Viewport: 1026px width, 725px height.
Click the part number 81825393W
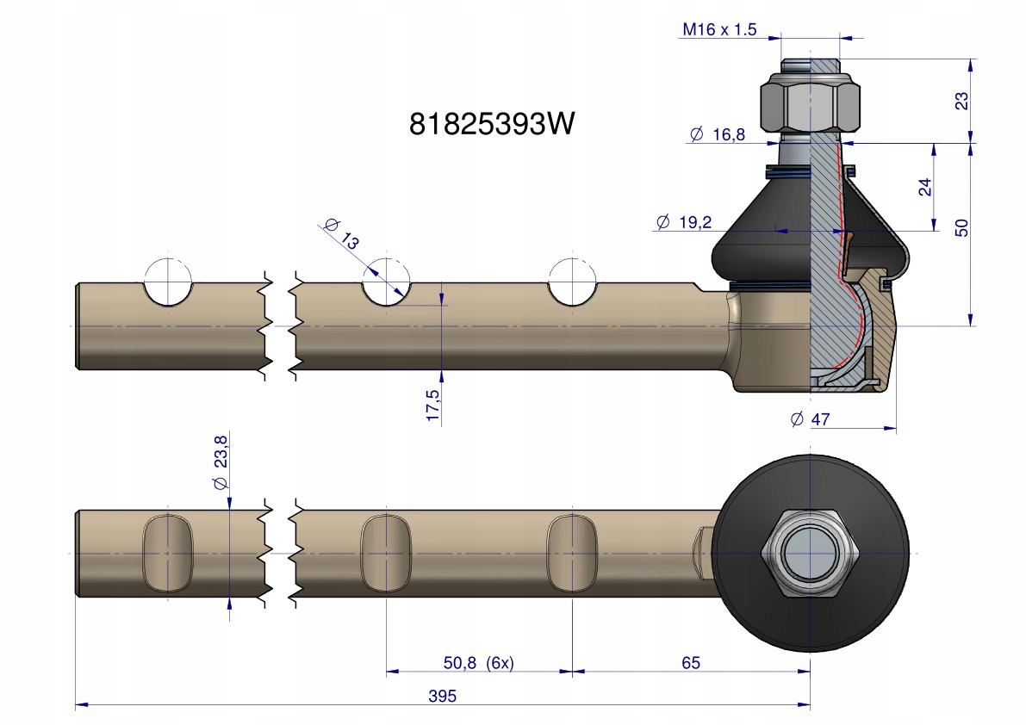(x=491, y=125)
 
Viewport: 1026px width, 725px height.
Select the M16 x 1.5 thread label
(x=718, y=30)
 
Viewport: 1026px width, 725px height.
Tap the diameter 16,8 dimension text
(x=718, y=133)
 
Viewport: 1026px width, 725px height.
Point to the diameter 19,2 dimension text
(x=683, y=222)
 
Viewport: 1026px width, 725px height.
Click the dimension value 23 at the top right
(x=963, y=100)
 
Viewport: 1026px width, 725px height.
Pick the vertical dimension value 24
(x=924, y=187)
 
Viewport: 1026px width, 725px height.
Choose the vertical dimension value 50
(x=963, y=227)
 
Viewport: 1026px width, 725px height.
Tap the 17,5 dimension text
(x=432, y=406)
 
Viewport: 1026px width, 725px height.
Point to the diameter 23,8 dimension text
(x=219, y=466)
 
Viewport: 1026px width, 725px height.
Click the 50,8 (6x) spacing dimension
(x=478, y=663)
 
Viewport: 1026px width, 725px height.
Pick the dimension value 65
(x=690, y=662)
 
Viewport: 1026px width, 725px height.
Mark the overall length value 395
(x=442, y=696)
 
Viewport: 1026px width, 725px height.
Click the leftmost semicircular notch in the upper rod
(x=167, y=286)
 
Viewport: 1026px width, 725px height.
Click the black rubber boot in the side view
(x=758, y=232)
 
